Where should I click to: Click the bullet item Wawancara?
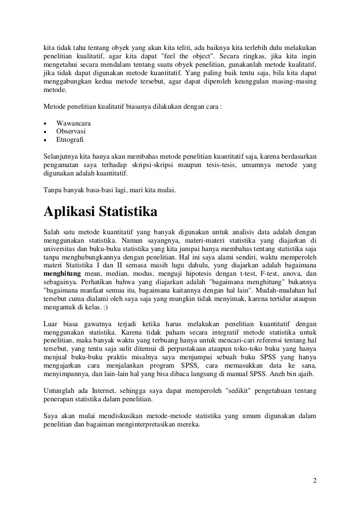pyautogui.click(x=74, y=123)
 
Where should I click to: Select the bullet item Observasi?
pyautogui.click(x=71, y=131)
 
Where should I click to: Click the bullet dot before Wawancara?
pyautogui.click(x=45, y=123)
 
